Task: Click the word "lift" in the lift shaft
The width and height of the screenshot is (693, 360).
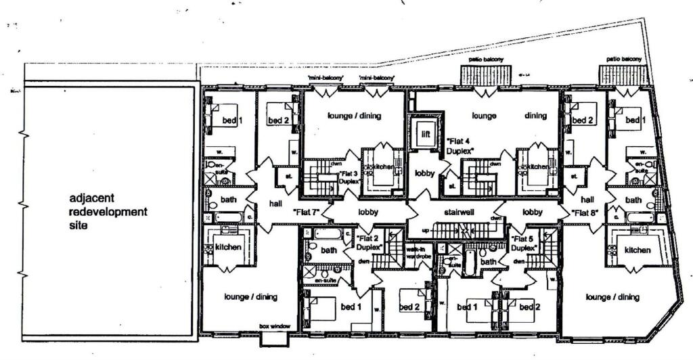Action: tap(425, 133)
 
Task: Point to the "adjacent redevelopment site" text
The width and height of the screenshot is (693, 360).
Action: tap(108, 212)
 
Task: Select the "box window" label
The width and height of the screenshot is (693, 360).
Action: tap(275, 326)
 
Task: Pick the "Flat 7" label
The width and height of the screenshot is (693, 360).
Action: tap(306, 212)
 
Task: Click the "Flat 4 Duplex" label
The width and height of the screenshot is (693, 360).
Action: tap(460, 145)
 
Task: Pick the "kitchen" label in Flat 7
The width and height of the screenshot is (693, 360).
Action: tap(228, 247)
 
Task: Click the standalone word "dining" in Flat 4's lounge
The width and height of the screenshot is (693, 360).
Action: tap(535, 116)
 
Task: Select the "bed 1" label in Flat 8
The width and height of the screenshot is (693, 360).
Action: tap(632, 120)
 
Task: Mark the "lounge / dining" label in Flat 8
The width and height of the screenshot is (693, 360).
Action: tap(612, 296)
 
